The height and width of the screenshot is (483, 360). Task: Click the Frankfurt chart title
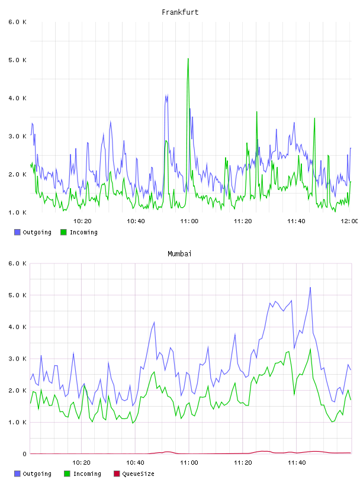tap(180, 12)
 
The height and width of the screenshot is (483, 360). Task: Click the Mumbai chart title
tap(179, 254)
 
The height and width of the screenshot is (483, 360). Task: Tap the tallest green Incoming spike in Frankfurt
tap(188, 59)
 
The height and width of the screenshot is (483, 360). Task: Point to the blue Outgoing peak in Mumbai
tap(310, 288)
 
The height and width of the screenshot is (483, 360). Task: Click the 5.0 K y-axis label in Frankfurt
tap(18, 60)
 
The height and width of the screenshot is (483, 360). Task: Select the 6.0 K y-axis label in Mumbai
tap(18, 263)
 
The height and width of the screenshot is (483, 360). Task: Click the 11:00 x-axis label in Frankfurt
tap(189, 221)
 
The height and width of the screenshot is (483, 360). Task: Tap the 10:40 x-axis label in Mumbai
tap(135, 462)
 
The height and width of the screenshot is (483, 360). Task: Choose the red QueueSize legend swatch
tap(117, 474)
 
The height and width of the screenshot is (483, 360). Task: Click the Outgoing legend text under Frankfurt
tap(37, 232)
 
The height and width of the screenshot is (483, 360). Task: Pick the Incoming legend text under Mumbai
tap(87, 474)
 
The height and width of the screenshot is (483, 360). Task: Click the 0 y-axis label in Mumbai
tap(24, 454)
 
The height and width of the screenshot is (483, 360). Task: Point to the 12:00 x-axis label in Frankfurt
tap(349, 221)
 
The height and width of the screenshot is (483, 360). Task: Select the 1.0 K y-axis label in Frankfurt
tap(18, 212)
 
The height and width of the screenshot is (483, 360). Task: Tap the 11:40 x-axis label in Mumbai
tap(297, 462)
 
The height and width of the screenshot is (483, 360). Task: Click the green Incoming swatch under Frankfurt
tap(63, 232)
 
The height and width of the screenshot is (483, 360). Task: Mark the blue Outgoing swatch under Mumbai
tap(17, 474)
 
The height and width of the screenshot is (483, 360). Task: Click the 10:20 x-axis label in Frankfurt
tap(82, 221)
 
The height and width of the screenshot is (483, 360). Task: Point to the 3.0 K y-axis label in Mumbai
tap(18, 359)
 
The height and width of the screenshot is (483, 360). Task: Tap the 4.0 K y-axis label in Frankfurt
tap(18, 98)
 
